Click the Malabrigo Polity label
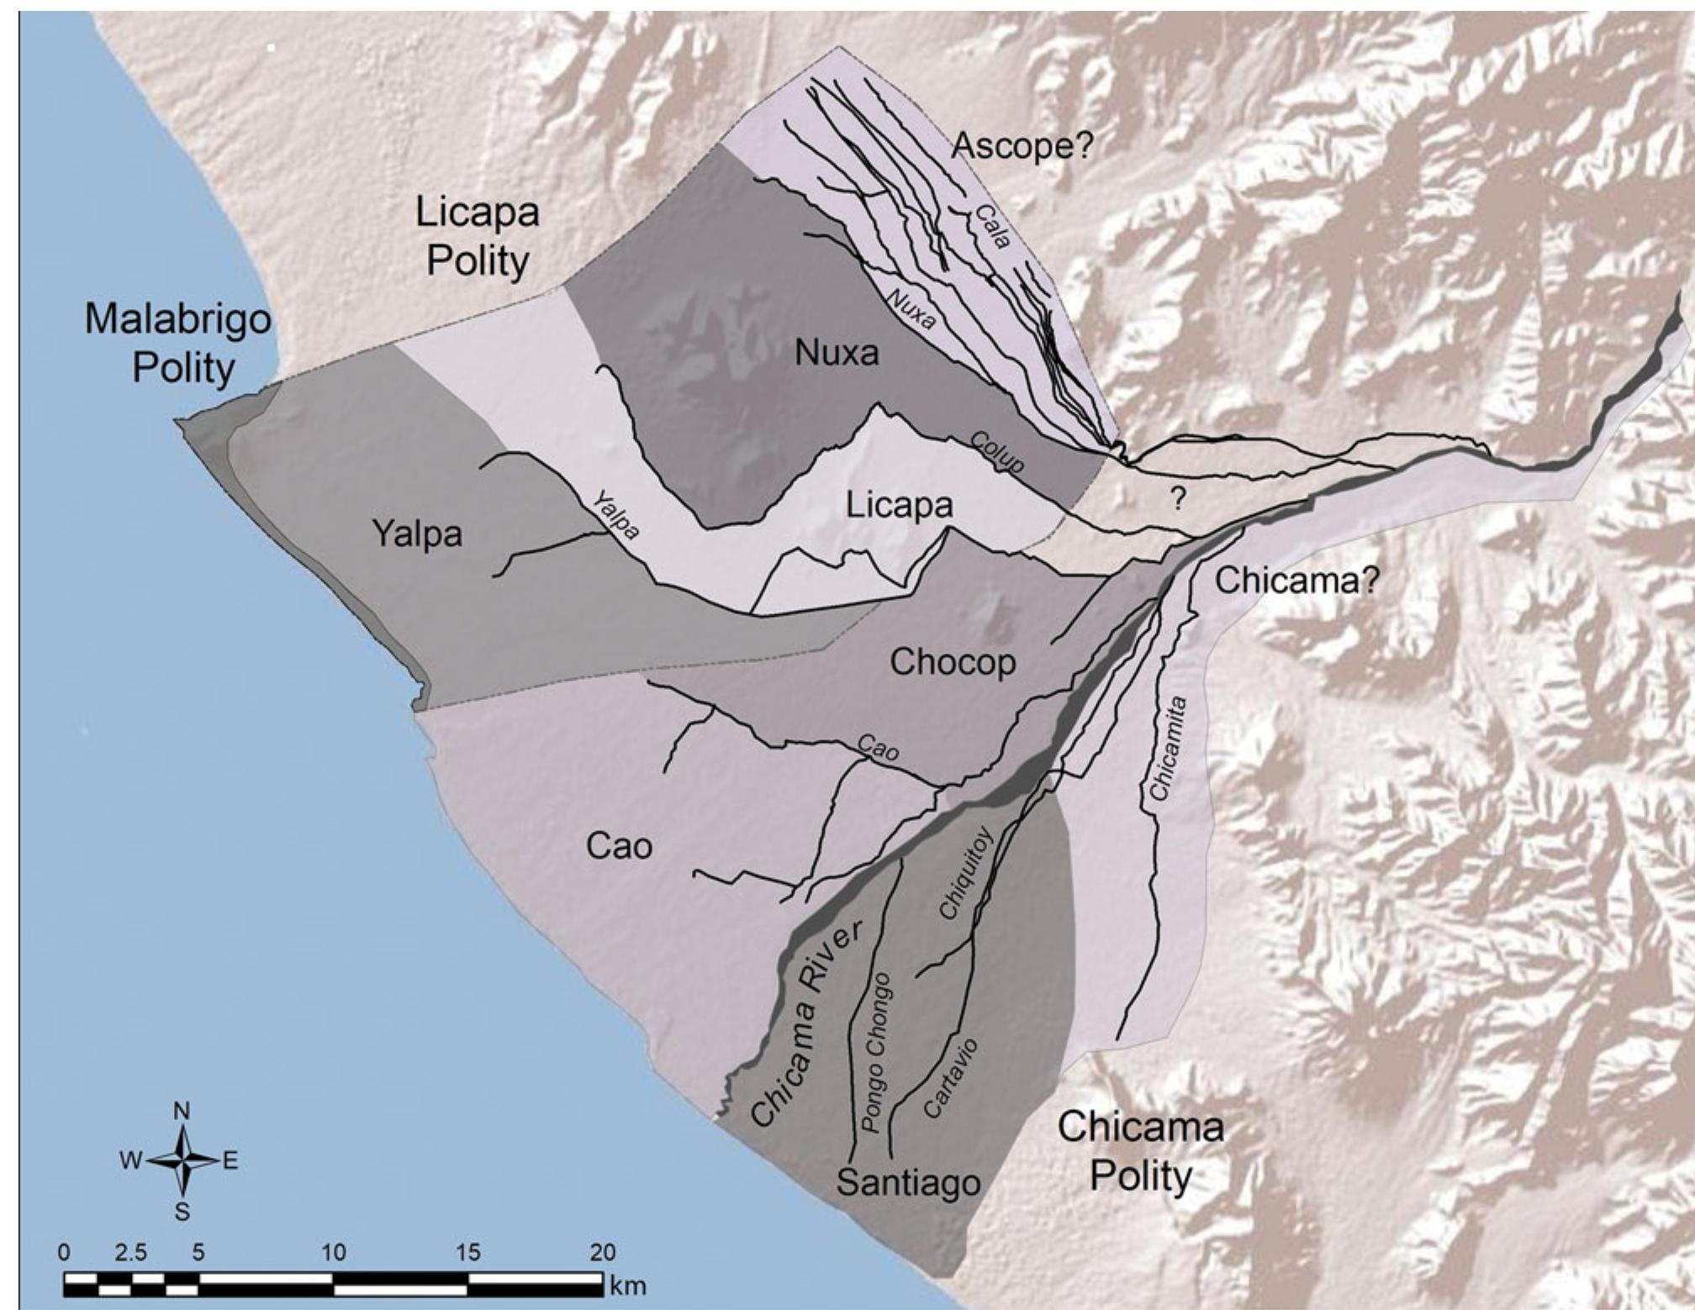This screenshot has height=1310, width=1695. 177,344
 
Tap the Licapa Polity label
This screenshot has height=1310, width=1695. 477,236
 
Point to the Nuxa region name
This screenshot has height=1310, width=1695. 837,353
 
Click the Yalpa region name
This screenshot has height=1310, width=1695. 417,534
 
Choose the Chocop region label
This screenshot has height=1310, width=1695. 953,662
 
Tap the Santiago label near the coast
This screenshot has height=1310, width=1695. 908,1183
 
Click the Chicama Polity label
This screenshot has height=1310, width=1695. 1140,1150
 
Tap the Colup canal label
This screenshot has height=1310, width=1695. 997,453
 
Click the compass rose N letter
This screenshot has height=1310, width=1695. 182,1111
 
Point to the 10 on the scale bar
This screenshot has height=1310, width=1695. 333,1253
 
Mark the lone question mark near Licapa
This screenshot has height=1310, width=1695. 1178,500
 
